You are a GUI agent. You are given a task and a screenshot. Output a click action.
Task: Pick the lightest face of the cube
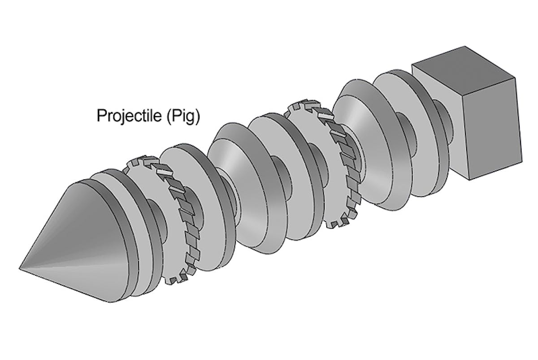click(438, 119)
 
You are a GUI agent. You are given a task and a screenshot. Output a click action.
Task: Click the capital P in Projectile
click(100, 116)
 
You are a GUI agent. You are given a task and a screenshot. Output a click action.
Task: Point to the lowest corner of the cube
click(469, 180)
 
